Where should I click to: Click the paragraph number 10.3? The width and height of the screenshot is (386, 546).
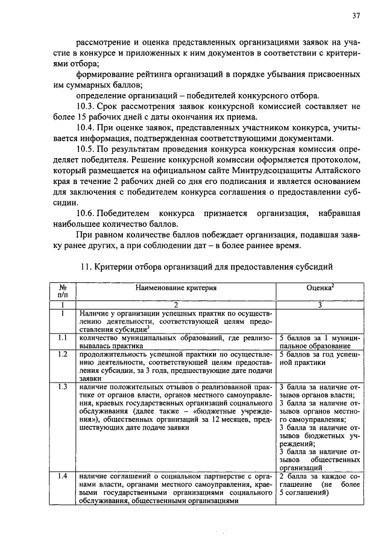87,107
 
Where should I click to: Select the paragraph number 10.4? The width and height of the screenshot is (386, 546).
87,128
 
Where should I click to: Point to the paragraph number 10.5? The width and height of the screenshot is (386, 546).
87,149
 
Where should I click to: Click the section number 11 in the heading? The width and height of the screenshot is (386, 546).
85,266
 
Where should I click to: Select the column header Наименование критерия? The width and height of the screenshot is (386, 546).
176,288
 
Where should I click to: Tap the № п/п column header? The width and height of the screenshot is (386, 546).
63,292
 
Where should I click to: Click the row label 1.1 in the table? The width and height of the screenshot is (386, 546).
62,338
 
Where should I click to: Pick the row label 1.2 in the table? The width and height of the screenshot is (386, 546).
62,354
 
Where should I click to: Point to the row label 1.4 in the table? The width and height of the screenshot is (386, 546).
62,476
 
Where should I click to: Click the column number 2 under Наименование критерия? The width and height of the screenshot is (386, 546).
176,305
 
